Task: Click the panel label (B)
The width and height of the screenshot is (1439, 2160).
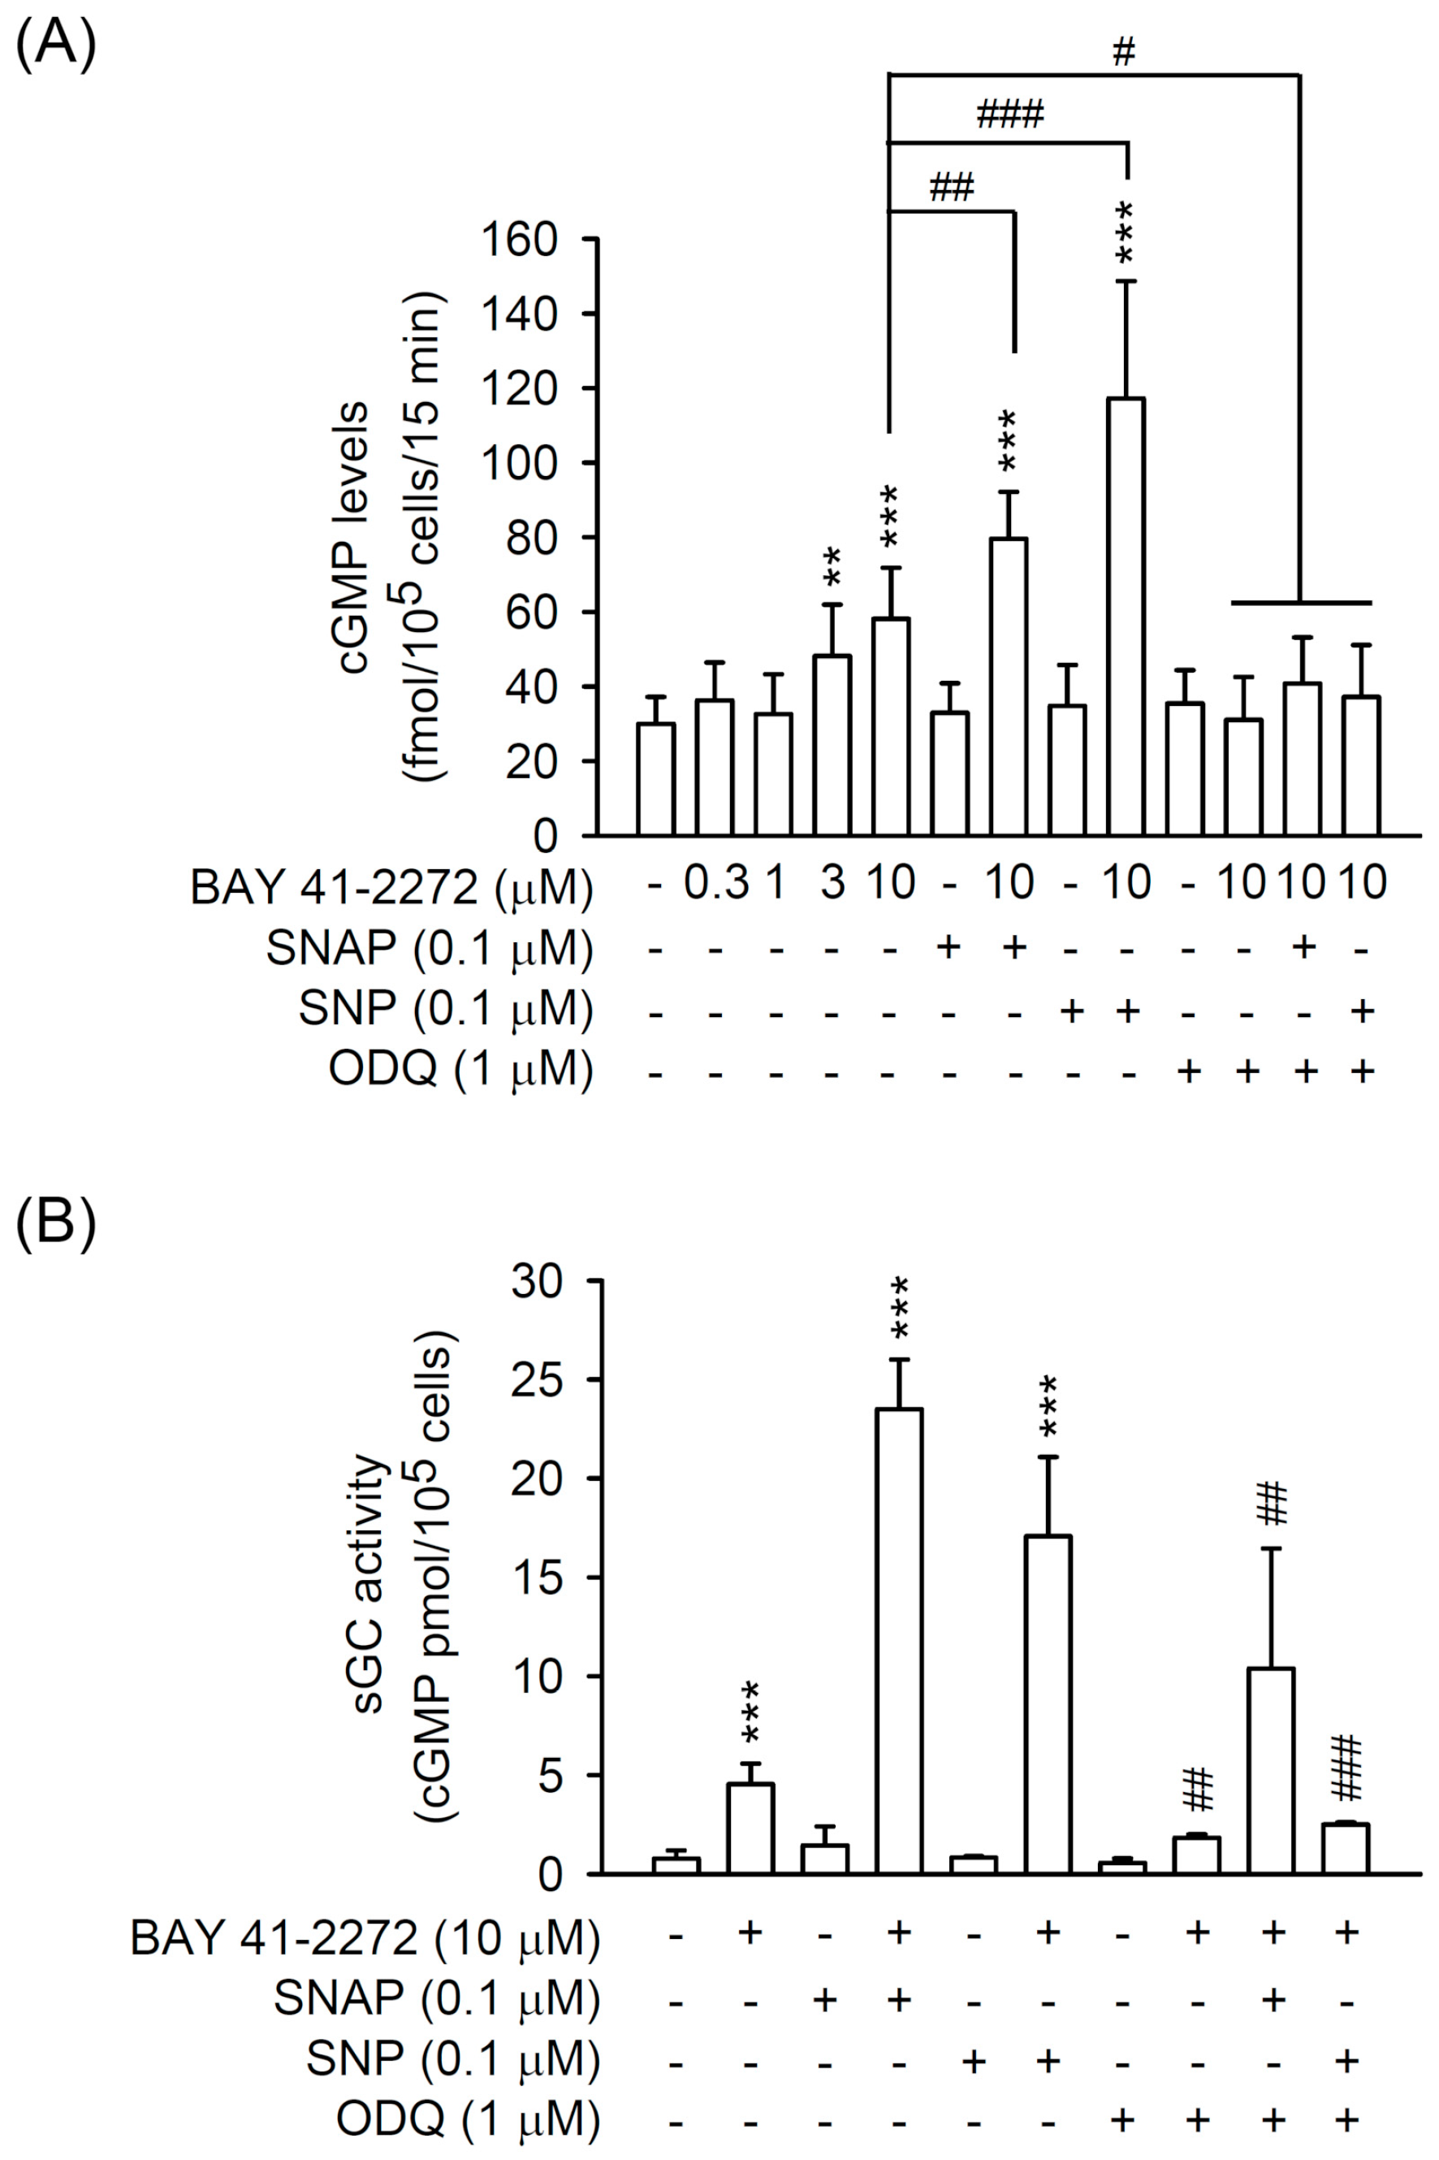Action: [55, 1223]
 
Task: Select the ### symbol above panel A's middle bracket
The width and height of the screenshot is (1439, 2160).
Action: [1009, 115]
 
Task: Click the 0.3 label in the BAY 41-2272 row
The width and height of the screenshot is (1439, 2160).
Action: [717, 883]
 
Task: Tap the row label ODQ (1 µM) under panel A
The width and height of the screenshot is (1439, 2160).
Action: [460, 1071]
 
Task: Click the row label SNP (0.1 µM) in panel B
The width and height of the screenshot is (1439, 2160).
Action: [452, 2061]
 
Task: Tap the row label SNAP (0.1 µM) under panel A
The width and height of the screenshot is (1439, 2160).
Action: [429, 948]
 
